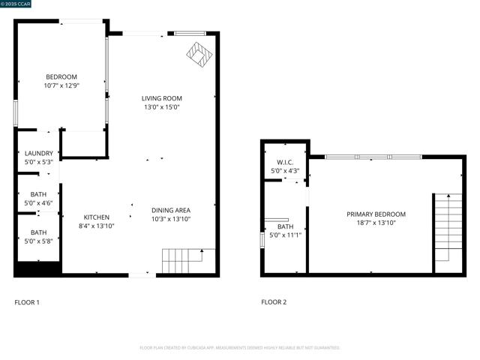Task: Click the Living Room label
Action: pyautogui.click(x=162, y=98)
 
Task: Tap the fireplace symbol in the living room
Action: pyautogui.click(x=199, y=55)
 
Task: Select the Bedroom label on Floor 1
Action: pyautogui.click(x=61, y=76)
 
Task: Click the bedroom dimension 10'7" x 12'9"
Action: pyautogui.click(x=61, y=85)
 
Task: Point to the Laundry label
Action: pyautogui.click(x=39, y=153)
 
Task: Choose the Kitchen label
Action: pyautogui.click(x=97, y=217)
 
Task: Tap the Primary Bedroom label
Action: pyautogui.click(x=376, y=214)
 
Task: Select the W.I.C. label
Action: pyautogui.click(x=285, y=162)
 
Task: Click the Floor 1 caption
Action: pyautogui.click(x=27, y=302)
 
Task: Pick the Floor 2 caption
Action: pyautogui.click(x=274, y=302)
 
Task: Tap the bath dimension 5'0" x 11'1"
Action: pyautogui.click(x=285, y=235)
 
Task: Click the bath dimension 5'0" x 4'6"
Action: pyautogui.click(x=38, y=202)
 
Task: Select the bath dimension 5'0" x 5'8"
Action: pyautogui.click(x=38, y=241)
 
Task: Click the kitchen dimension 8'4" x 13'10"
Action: pyautogui.click(x=97, y=226)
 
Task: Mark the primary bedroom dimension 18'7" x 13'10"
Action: pyautogui.click(x=376, y=223)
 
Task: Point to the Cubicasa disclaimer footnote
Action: pyautogui.click(x=240, y=348)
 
